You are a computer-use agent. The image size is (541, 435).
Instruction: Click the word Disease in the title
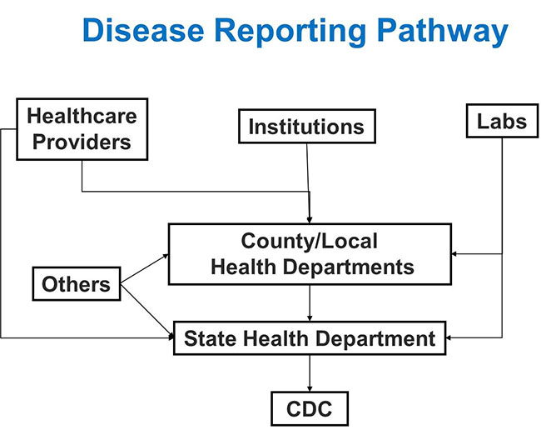(143, 30)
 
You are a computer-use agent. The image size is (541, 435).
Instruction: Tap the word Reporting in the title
(290, 32)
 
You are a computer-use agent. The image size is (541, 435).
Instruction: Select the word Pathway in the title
(442, 32)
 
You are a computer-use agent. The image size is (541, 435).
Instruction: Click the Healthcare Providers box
(82, 129)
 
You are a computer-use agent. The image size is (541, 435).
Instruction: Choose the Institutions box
(307, 126)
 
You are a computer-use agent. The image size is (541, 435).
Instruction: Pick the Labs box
(502, 121)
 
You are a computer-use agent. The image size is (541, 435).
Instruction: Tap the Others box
(77, 283)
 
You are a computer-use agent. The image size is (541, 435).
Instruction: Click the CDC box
(310, 408)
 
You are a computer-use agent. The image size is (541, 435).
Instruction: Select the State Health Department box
(310, 337)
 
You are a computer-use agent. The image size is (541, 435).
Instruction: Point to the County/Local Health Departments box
(310, 254)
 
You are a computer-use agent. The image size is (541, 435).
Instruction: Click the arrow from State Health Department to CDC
(310, 373)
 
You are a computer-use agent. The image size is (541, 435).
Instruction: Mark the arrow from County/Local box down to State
(310, 303)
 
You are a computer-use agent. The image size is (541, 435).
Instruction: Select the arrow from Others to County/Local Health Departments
(145, 269)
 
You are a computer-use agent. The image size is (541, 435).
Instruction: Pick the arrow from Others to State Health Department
(147, 310)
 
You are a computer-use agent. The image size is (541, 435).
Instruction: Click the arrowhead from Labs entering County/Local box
(454, 254)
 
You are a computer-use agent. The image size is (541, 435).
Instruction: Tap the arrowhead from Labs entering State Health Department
(449, 337)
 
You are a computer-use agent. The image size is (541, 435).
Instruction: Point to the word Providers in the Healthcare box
(82, 142)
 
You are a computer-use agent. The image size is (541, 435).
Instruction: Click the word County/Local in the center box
(309, 241)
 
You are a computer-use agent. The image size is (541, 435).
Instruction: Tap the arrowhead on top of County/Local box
(310, 220)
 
